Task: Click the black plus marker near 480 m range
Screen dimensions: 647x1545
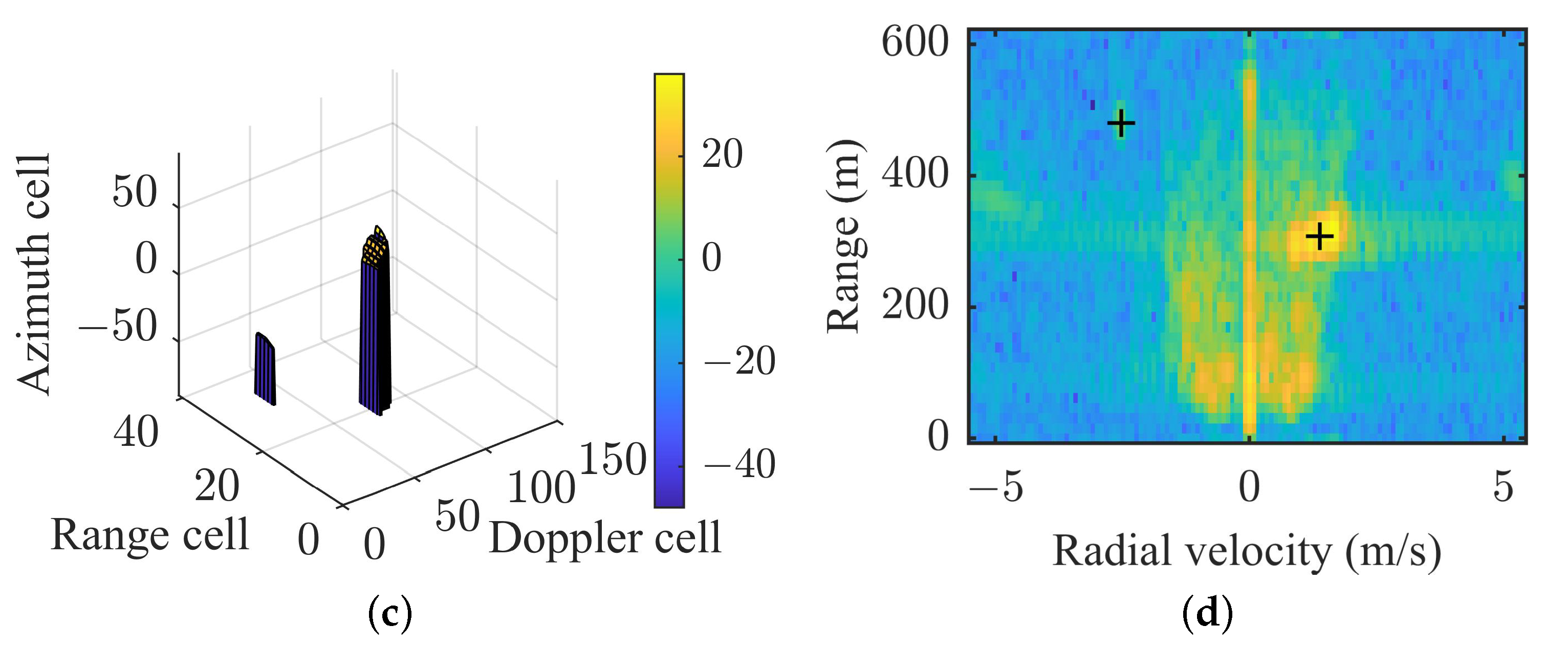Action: pos(1120,124)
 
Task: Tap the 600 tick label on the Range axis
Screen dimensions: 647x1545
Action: pos(915,42)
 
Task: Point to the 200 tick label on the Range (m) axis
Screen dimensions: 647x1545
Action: pos(915,305)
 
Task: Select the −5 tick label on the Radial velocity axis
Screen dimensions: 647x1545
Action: pos(995,486)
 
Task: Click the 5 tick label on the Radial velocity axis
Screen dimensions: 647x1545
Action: pos(1503,486)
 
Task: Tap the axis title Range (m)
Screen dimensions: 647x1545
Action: pos(844,236)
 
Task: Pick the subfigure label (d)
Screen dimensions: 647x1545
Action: pos(1207,613)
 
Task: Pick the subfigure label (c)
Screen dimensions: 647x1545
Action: pos(390,613)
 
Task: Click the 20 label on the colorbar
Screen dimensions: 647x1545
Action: pos(722,155)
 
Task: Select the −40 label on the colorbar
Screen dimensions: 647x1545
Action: pos(739,464)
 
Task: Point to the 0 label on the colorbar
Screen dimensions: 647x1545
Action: pos(711,258)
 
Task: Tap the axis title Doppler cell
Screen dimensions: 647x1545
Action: pos(604,538)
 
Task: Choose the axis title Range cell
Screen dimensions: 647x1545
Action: pos(150,534)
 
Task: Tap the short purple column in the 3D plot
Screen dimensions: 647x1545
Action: pos(265,369)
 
